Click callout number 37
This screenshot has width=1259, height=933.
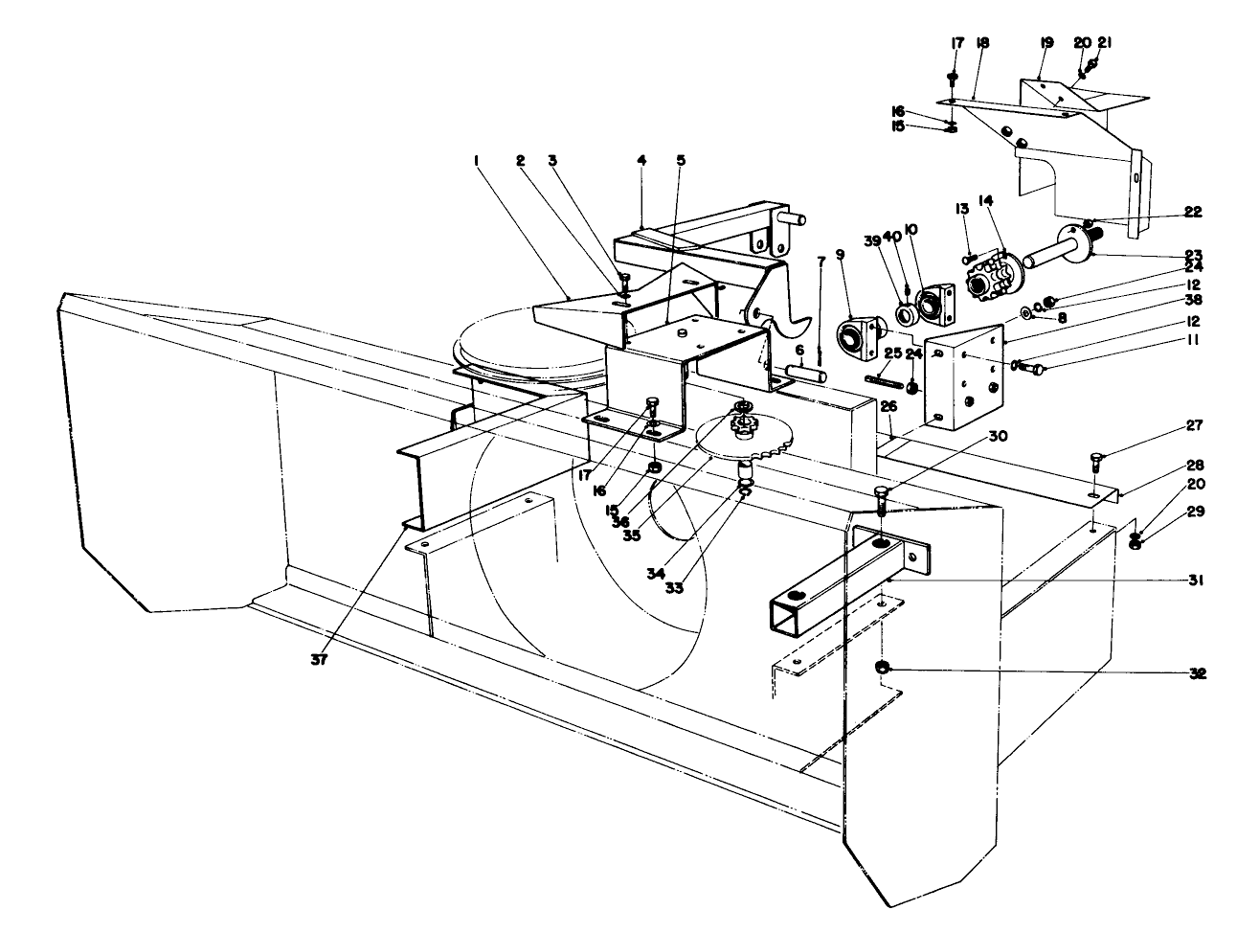320,660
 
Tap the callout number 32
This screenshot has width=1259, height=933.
1197,673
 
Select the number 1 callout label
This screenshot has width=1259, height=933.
475,162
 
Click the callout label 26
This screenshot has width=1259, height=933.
888,406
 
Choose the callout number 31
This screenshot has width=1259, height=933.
1197,580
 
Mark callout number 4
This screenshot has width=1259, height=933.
641,161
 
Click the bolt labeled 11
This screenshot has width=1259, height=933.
1032,366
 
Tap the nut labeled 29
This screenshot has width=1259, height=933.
1135,545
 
